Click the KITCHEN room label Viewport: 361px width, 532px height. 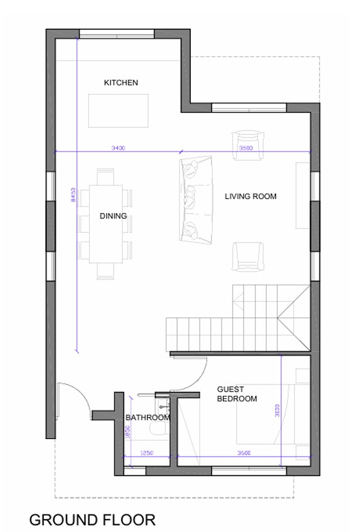pos(121,82)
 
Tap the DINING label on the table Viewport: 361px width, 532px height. pos(113,216)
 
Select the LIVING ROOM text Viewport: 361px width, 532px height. pos(251,196)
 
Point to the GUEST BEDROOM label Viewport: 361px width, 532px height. pos(237,394)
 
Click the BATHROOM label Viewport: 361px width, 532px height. pos(148,417)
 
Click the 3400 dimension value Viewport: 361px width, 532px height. pos(118,148)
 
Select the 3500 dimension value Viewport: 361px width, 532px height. pos(246,148)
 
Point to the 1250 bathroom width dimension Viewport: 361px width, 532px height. pos(147,453)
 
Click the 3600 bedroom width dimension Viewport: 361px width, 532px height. pos(244,453)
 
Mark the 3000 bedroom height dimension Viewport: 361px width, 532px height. pos(277,410)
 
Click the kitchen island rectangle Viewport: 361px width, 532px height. pos(119,111)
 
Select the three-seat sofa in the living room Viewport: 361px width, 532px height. pos(196,200)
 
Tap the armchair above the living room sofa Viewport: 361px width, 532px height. pos(248,146)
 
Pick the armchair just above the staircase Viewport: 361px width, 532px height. pos(248,256)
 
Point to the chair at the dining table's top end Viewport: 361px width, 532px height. pos(105,176)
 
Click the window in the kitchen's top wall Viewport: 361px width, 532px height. pos(117,34)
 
